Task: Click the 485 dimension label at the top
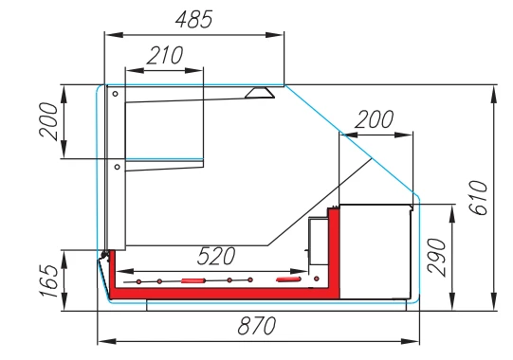click(x=194, y=19)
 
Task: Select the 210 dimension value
click(x=165, y=56)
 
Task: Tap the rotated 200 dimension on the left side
click(x=48, y=121)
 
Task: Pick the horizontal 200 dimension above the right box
click(x=374, y=119)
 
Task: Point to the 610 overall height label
click(x=478, y=197)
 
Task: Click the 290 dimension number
click(x=437, y=258)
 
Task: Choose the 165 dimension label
click(x=49, y=280)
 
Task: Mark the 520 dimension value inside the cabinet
click(x=216, y=256)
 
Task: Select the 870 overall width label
click(x=257, y=326)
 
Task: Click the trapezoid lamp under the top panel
click(x=260, y=93)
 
